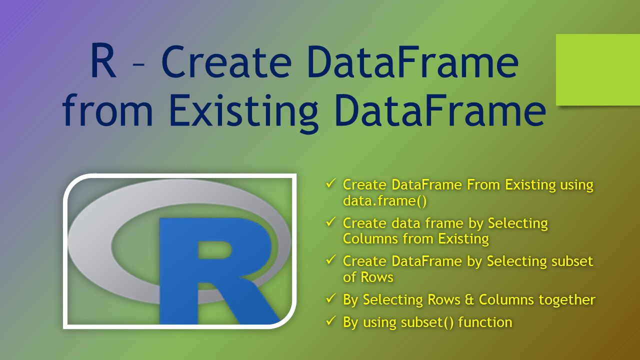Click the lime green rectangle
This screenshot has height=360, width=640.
(598, 69)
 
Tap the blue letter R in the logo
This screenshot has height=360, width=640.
(215, 270)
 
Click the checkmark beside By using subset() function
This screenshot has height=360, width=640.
(330, 321)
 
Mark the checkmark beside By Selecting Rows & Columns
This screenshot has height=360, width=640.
(330, 299)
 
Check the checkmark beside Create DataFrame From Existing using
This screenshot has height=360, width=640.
(330, 184)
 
